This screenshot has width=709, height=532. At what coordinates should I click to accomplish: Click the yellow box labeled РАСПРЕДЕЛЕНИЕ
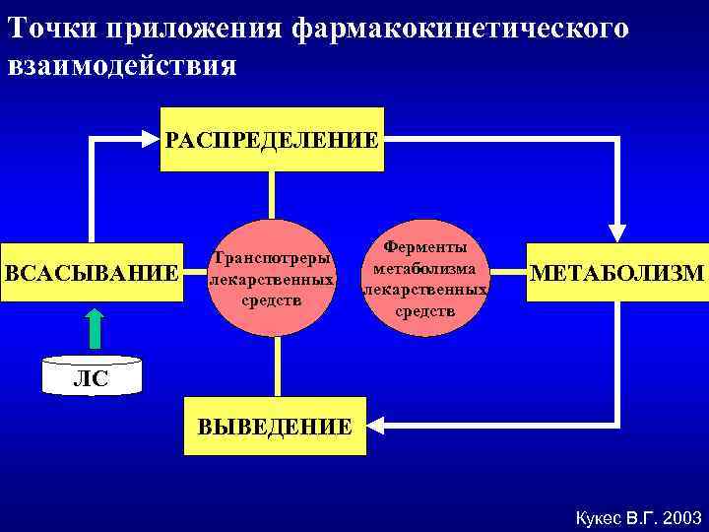pos(271,139)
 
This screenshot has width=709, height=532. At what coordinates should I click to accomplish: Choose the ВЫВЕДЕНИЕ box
pos(275,427)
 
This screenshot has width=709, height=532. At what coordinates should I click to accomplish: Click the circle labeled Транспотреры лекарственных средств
pos(273,279)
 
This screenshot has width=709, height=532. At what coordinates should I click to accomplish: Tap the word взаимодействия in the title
pos(121,66)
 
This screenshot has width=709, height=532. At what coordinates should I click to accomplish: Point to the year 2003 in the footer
pos(682,516)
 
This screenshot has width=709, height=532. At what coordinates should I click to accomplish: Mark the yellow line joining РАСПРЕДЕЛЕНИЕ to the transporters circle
pos(272,195)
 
